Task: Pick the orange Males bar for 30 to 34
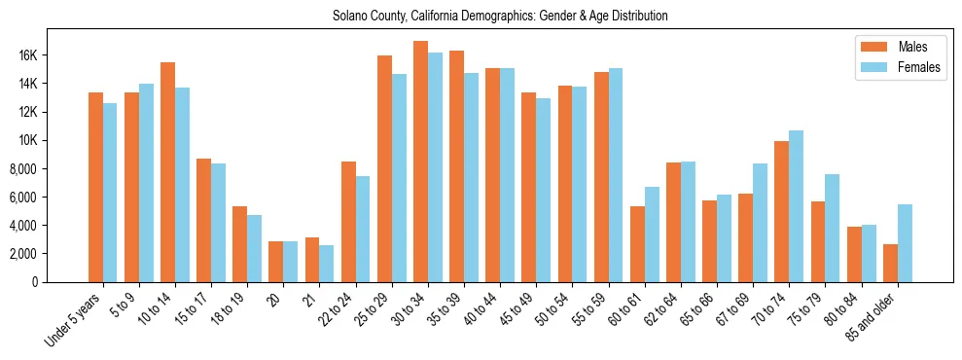421,162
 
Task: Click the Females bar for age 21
327,264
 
